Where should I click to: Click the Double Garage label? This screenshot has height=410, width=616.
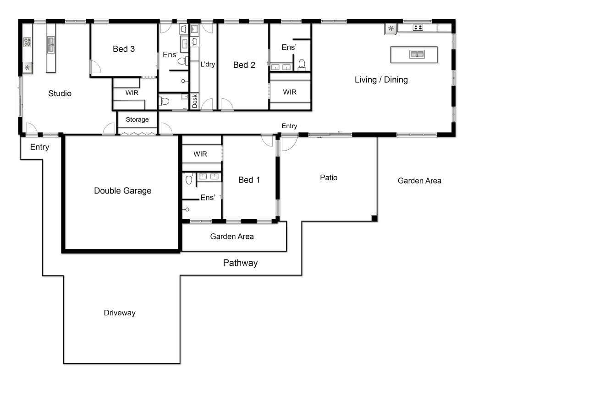[123, 190]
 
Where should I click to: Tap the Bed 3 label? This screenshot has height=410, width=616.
[124, 49]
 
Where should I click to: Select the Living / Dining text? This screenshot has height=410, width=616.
[381, 80]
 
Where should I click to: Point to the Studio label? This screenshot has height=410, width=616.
[60, 93]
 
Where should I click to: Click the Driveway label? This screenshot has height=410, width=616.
[120, 313]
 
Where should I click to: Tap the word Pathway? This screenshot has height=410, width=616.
[240, 263]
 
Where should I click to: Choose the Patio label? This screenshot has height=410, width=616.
[329, 178]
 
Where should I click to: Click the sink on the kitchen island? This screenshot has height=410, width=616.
[417, 54]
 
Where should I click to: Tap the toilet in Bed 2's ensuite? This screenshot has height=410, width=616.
[302, 65]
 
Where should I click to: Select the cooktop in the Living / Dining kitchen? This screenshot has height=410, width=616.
[418, 27]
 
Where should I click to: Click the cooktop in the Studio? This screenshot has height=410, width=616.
[27, 42]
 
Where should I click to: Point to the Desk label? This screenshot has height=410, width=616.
[195, 101]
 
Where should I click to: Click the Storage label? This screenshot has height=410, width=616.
[137, 119]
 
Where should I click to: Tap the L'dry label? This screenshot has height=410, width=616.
[208, 64]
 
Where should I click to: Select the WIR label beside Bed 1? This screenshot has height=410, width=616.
[200, 154]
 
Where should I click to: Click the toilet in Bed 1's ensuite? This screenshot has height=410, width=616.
[189, 179]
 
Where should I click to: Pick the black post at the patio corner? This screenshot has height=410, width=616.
[374, 218]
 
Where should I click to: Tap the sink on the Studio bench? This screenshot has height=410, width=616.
[51, 45]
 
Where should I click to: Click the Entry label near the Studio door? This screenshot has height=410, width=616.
[39, 147]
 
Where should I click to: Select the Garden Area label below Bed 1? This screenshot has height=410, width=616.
[232, 237]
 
